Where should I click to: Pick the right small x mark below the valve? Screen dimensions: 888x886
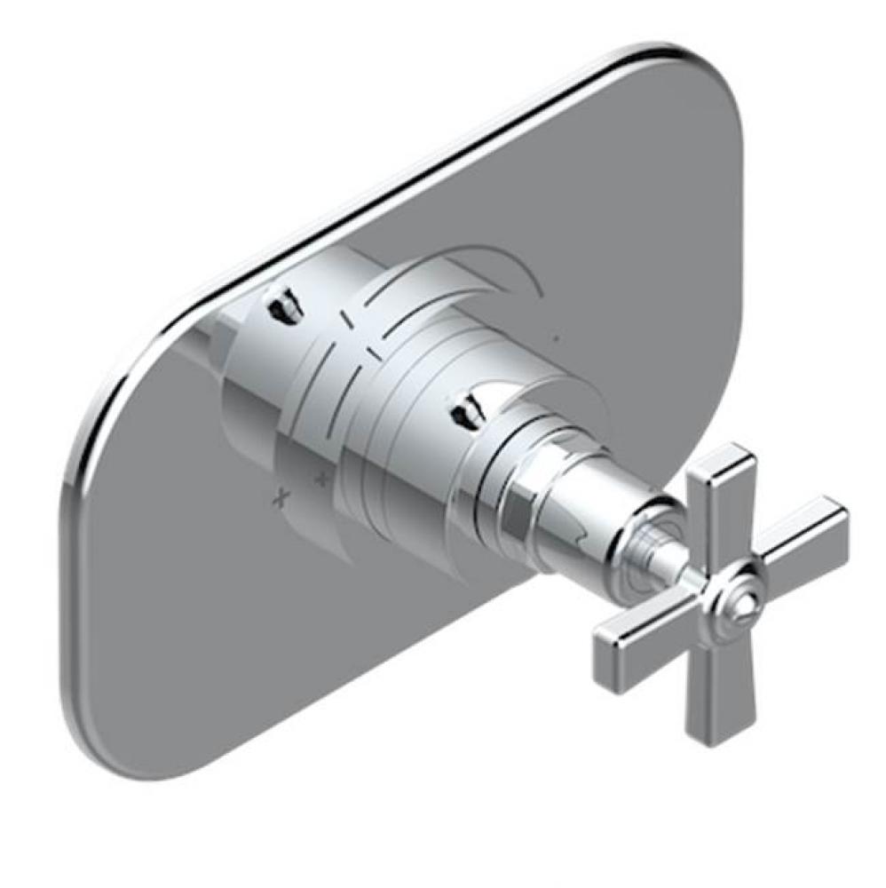[321, 480]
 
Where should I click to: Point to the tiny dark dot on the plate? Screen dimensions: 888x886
[555, 338]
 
